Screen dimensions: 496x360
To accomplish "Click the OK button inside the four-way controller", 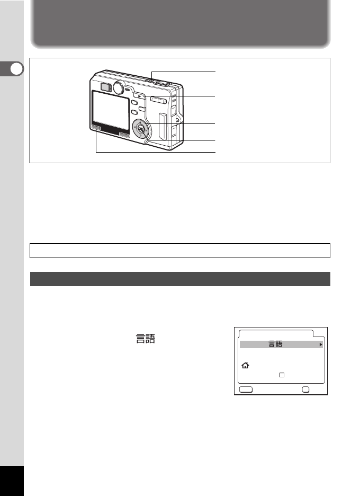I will (140, 128).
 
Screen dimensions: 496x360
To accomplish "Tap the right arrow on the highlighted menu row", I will (320, 344).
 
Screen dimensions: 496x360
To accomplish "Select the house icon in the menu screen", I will (244, 366).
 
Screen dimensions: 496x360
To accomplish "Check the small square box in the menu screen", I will (282, 375).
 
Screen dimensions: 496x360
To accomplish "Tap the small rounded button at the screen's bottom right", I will (306, 388).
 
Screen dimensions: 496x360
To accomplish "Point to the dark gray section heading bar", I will (180, 279).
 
